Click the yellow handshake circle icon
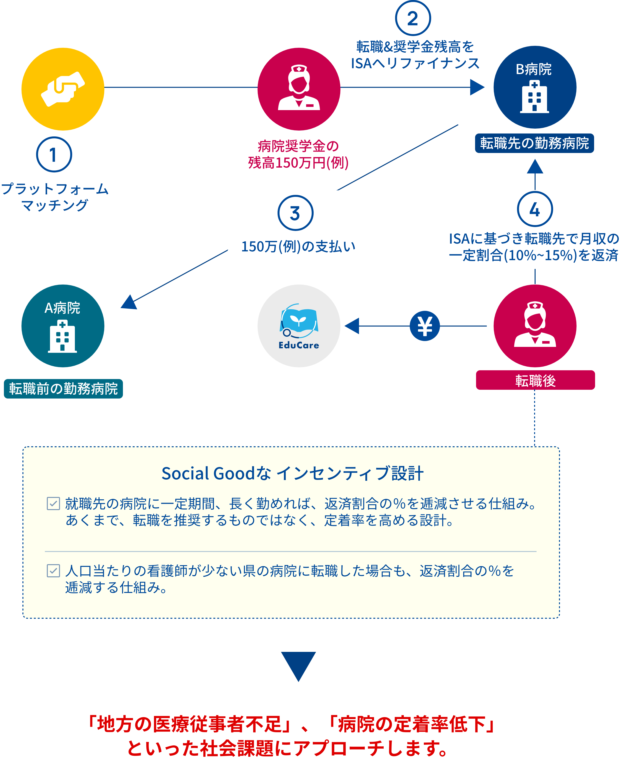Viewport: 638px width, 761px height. [x=63, y=89]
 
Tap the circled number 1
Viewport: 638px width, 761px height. [x=54, y=154]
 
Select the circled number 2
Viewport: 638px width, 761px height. [x=413, y=18]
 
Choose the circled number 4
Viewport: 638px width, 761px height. [x=535, y=209]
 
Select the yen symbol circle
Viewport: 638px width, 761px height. [x=425, y=326]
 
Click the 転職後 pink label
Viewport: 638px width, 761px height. [x=535, y=380]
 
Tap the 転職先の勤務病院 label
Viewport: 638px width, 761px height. [x=534, y=143]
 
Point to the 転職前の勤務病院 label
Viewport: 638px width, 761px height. [x=63, y=389]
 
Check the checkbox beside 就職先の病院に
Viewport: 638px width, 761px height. [x=53, y=503]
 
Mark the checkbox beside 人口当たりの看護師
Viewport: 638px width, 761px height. [x=53, y=571]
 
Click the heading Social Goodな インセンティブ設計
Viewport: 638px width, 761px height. [x=292, y=473]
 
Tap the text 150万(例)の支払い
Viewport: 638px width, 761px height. [x=298, y=247]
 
